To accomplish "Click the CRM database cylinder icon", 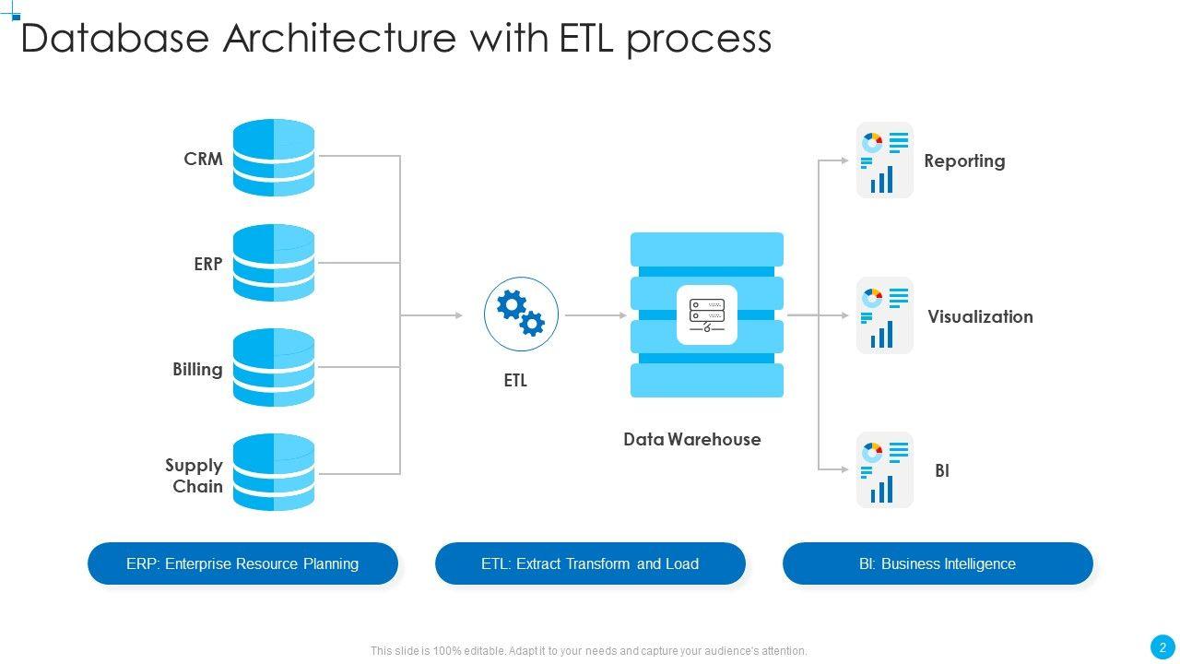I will [x=274, y=158].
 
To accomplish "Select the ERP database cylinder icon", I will [x=274, y=263].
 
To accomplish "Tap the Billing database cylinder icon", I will [x=274, y=368].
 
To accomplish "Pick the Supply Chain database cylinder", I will [x=274, y=473].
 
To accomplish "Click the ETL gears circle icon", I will [x=521, y=314].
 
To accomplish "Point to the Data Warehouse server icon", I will [x=706, y=315].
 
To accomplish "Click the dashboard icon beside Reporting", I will [x=884, y=160].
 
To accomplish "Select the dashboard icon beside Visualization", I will [x=884, y=315].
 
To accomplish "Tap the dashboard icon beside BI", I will [x=884, y=470].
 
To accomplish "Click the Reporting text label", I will [x=964, y=161].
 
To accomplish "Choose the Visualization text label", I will [x=980, y=317].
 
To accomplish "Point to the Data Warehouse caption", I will [x=691, y=440].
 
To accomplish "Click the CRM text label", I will [x=203, y=159].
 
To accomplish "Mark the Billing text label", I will [x=197, y=370].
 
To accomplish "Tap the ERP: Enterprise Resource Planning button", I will [x=242, y=563].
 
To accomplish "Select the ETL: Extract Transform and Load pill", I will [x=590, y=563].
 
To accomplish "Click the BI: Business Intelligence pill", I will [x=938, y=563].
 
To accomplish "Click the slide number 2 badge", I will [x=1162, y=647].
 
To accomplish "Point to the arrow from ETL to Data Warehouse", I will [x=596, y=315].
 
